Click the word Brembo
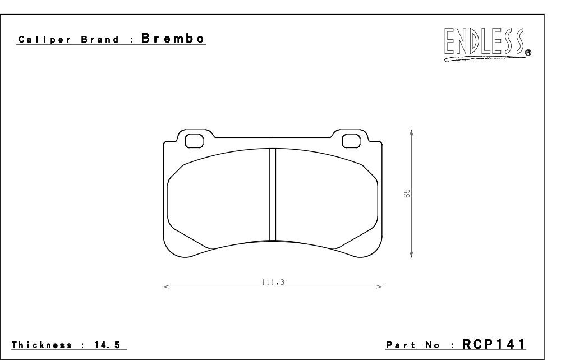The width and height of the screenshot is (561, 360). point(173,38)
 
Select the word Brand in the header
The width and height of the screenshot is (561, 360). point(100,39)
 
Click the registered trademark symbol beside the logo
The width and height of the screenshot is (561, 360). point(528,53)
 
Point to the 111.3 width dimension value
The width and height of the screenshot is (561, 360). point(273,282)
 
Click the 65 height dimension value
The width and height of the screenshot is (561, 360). point(407,193)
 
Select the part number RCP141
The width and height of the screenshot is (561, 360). point(494,344)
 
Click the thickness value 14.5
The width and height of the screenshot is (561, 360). point(107,345)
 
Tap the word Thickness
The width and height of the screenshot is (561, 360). point(42,345)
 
